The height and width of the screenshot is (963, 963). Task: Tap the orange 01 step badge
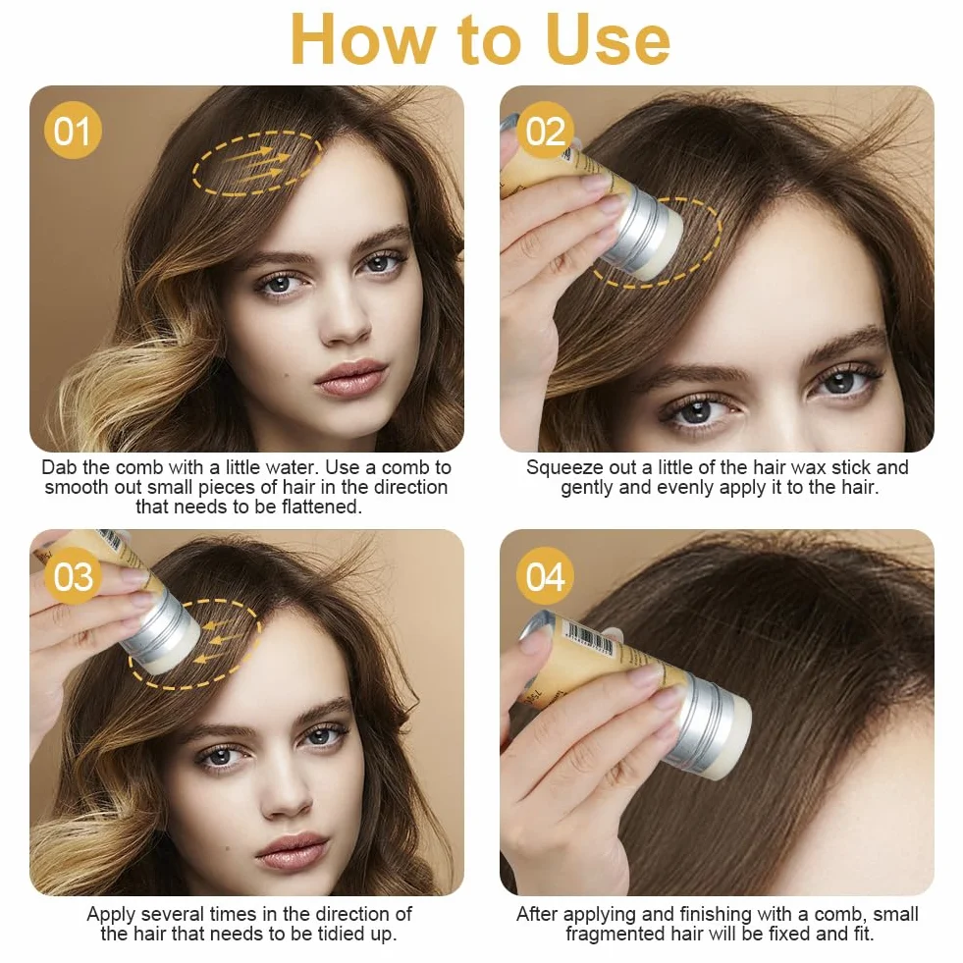click(73, 131)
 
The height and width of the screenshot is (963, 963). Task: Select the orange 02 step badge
click(546, 131)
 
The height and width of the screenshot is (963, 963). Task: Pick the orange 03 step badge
click(73, 576)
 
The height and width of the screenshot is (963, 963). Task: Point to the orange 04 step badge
click(546, 576)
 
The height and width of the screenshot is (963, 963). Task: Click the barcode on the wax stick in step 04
click(588, 639)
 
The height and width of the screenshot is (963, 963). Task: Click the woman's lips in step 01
click(350, 378)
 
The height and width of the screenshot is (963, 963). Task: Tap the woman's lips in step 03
click(294, 852)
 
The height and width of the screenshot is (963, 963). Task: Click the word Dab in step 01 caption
click(60, 467)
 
